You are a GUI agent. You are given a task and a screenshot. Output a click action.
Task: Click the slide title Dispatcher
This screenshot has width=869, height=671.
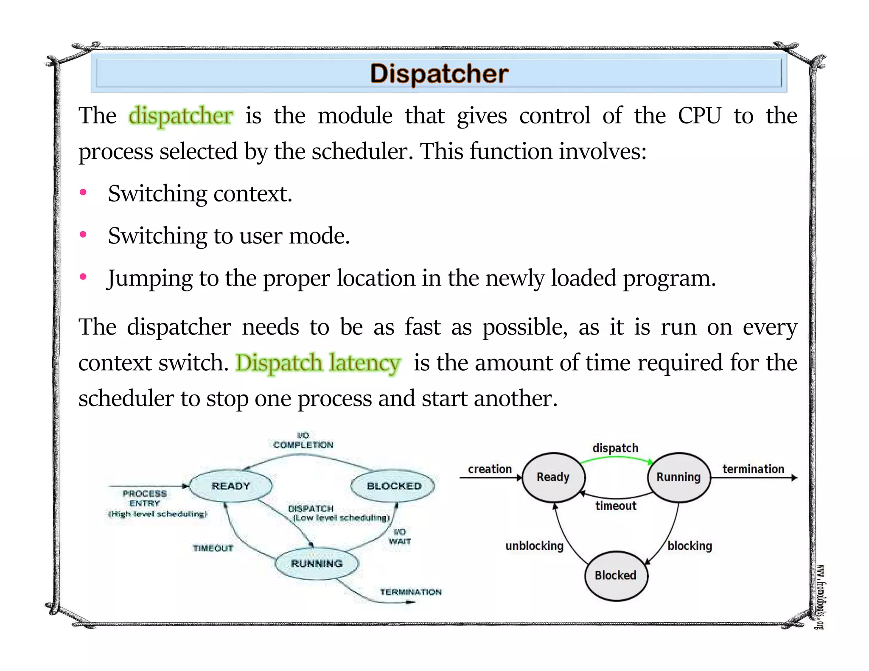(439, 74)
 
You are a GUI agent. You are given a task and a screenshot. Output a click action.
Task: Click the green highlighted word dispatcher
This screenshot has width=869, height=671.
(181, 116)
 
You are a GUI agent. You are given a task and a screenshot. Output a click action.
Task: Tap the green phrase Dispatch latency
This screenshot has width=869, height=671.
(318, 363)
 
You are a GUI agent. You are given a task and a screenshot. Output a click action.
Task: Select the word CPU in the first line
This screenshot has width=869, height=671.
(699, 115)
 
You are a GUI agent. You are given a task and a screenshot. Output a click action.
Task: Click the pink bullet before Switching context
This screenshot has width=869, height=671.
(84, 193)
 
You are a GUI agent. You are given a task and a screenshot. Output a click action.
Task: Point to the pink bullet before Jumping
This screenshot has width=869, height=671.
(84, 277)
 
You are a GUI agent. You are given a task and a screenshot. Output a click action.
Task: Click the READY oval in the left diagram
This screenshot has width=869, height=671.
(230, 486)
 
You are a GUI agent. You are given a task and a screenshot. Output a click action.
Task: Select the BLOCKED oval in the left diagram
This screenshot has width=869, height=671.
(393, 486)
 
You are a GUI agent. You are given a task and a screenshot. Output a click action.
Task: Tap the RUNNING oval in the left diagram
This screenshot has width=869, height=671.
(317, 564)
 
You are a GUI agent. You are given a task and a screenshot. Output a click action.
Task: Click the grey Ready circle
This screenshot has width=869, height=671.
(553, 477)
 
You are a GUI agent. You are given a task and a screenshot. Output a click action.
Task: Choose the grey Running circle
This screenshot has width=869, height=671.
(678, 477)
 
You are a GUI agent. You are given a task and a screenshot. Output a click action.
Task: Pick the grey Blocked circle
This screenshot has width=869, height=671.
(616, 576)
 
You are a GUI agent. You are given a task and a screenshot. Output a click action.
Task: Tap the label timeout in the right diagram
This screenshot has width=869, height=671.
(616, 506)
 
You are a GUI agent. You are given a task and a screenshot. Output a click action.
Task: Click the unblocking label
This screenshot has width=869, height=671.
(534, 546)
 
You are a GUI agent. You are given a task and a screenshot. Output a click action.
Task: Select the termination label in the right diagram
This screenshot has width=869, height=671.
(753, 469)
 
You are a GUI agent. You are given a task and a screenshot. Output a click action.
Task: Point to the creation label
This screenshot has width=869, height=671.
(490, 469)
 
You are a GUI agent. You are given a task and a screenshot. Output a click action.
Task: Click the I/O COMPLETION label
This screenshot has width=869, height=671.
(303, 440)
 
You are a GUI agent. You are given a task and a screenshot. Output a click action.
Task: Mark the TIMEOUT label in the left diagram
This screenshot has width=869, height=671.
(213, 548)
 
